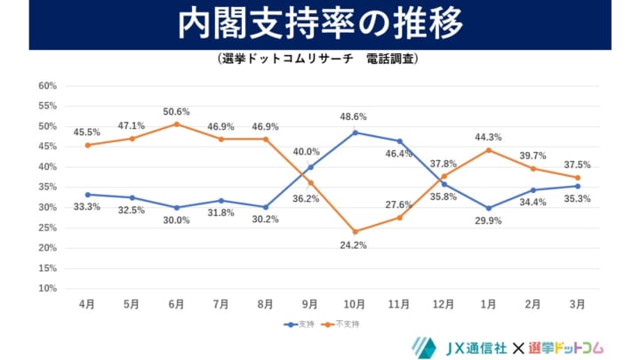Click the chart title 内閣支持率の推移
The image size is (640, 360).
[x=320, y=25]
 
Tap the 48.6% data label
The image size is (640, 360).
[x=356, y=116]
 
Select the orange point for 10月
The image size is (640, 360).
[x=355, y=231]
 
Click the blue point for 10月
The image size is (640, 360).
[x=355, y=132]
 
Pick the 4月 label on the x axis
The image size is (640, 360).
[x=87, y=304]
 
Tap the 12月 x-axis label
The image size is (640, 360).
[x=444, y=304]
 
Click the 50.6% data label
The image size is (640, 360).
[x=177, y=111]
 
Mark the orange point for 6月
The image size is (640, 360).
[x=176, y=124]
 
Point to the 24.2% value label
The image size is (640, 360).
[x=356, y=245]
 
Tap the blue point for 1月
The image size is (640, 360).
[x=488, y=208]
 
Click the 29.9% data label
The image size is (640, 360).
[x=488, y=221]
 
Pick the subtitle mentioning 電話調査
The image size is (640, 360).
[x=317, y=59]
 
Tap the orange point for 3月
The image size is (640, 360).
[x=577, y=178]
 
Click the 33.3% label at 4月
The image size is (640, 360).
[x=87, y=207]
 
